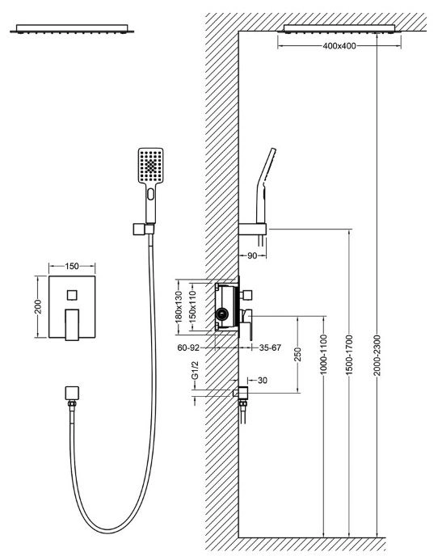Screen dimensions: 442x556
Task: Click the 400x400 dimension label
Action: point(339,46)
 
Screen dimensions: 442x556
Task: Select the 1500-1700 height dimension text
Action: point(350,355)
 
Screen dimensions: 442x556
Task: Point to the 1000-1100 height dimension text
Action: point(323,354)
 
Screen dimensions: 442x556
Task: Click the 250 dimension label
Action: point(297,354)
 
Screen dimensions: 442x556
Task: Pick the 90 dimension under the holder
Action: point(251,255)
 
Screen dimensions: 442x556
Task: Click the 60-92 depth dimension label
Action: point(188,347)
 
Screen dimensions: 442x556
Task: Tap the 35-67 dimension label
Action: point(270,347)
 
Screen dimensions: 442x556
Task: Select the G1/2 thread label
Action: point(195,370)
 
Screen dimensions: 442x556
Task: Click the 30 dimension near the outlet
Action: point(263,381)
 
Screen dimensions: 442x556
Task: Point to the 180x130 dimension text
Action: point(179,307)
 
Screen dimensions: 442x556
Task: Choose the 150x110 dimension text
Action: point(192,307)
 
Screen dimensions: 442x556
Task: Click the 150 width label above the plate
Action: point(72,267)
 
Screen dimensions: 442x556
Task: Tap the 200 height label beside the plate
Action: point(38,307)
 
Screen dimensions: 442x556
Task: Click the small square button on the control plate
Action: point(72,295)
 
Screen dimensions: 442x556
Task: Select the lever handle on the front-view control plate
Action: point(72,324)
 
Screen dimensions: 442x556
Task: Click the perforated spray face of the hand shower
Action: point(150,166)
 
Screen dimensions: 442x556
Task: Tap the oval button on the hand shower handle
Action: point(151,194)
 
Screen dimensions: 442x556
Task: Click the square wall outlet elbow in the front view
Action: point(72,393)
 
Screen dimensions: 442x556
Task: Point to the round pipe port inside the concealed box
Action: point(222,313)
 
